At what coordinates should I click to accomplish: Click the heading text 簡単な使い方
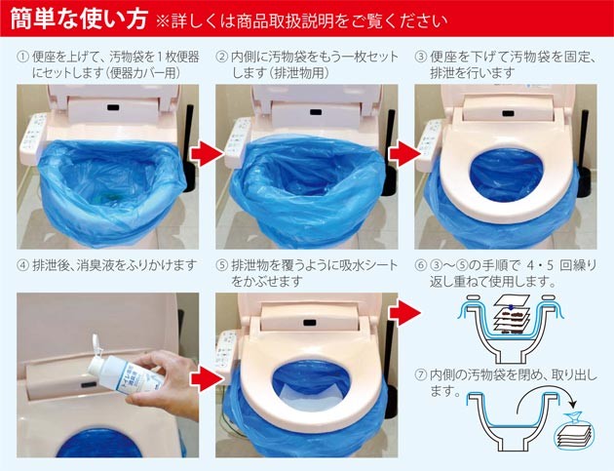(79, 18)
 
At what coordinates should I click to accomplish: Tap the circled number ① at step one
(22, 58)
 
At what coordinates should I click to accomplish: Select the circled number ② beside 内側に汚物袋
(221, 58)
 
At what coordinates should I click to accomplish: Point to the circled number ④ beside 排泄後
(22, 265)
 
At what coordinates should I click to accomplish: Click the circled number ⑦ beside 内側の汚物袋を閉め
(421, 375)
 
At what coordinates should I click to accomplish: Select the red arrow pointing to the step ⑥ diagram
(405, 312)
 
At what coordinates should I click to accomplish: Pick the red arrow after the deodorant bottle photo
(207, 378)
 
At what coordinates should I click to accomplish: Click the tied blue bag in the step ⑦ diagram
(575, 428)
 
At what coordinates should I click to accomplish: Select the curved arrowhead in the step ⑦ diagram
(572, 403)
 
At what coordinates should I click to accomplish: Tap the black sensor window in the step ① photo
(113, 106)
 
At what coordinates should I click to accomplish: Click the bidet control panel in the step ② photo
(236, 142)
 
